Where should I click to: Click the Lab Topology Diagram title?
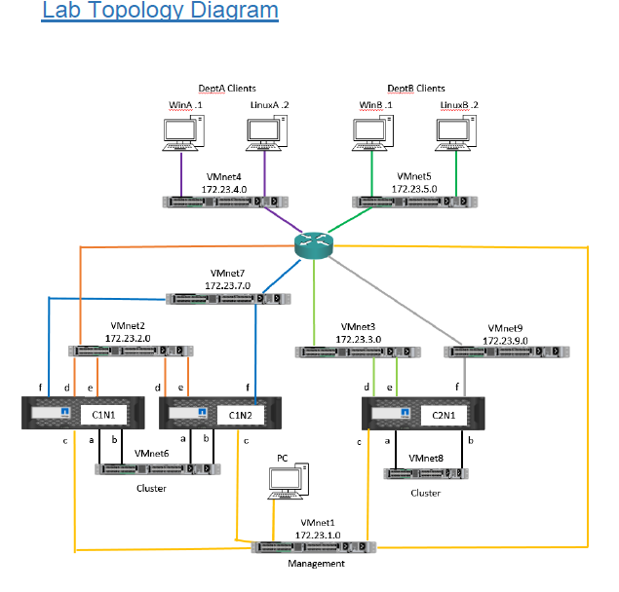point(161,12)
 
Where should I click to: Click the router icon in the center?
point(313,245)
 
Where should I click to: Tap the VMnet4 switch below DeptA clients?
point(224,202)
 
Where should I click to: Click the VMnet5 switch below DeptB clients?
point(415,202)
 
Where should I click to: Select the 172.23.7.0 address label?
point(228,286)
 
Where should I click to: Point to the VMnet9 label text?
point(507,329)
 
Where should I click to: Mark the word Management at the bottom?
point(316,563)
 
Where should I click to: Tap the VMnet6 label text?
point(152,454)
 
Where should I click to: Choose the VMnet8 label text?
point(428,457)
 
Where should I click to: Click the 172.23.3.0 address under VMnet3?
point(359,339)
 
